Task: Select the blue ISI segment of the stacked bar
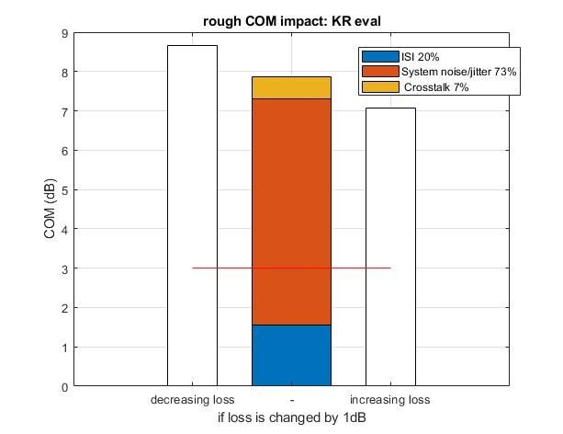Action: [291, 355]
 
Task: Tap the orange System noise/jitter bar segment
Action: [291, 211]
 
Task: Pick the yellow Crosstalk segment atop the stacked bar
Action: [291, 87]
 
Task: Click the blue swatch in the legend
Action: [381, 56]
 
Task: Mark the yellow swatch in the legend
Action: [381, 86]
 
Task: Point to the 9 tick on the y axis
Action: [64, 33]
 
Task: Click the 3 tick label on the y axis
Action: [64, 268]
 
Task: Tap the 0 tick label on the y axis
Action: [64, 386]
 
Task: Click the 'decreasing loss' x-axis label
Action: [192, 400]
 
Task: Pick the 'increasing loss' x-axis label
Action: [390, 400]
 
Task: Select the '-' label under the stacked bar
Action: [291, 400]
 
